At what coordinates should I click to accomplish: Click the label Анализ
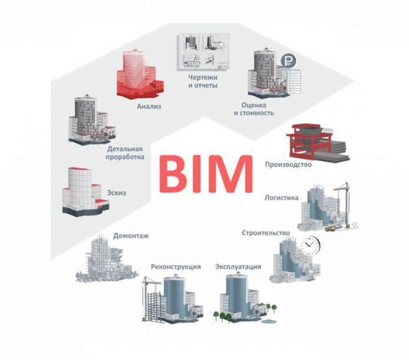coord(149,106)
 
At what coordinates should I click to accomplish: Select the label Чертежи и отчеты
coord(203,81)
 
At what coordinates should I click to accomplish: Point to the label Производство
coord(288,164)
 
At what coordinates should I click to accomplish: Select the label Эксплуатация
coord(238,266)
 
